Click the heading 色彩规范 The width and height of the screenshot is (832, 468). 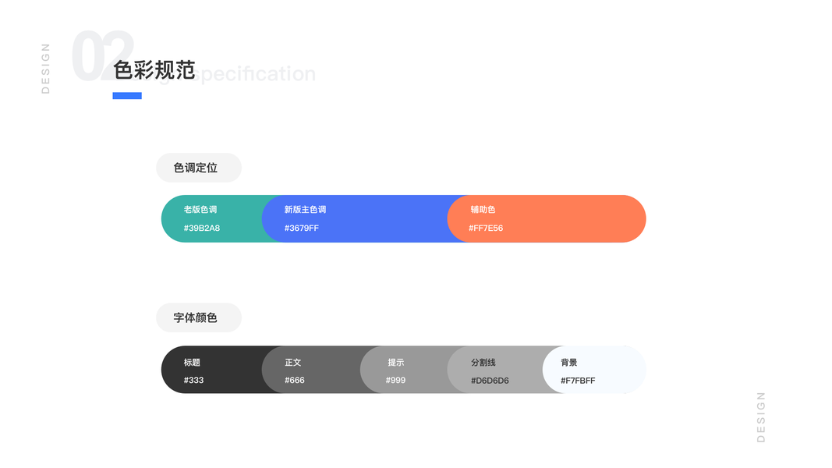[x=154, y=70]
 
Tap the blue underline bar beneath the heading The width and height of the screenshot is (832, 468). [x=127, y=96]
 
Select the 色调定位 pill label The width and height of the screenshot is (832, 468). [x=196, y=168]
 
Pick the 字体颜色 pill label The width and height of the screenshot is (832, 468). [x=196, y=318]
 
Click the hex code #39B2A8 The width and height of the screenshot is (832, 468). [x=202, y=229]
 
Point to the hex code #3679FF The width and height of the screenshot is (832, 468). [x=302, y=229]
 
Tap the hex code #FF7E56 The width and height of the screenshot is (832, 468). [x=486, y=229]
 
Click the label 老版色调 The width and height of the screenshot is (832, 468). [x=200, y=210]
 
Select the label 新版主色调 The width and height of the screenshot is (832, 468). [x=305, y=210]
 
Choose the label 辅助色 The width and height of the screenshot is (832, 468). [x=483, y=210]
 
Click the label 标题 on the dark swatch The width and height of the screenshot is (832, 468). [x=192, y=363]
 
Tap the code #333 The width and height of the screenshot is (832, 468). [x=193, y=381]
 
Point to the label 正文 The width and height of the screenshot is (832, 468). [x=293, y=363]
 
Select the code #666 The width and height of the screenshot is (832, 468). [x=295, y=381]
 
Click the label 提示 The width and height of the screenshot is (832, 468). [x=396, y=363]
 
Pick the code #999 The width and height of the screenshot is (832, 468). [x=395, y=381]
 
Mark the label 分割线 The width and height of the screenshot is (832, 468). [x=483, y=363]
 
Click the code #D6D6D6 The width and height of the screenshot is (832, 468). [x=490, y=381]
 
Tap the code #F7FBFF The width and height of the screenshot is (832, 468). [x=578, y=381]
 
